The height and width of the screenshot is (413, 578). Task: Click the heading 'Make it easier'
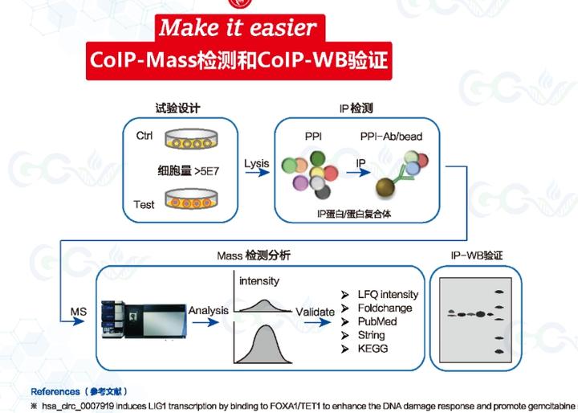coord(237,28)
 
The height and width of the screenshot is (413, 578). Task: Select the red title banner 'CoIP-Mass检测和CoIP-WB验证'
coord(238,61)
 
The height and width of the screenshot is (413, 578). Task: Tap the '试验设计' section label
coord(177,108)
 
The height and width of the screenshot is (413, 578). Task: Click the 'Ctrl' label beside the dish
coord(144,136)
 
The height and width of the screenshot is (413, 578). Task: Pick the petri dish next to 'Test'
coord(192,198)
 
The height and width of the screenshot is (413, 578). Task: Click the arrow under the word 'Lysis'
coord(256,179)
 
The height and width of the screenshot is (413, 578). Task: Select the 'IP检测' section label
coord(356,108)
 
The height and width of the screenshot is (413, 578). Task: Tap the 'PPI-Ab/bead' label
coord(390,136)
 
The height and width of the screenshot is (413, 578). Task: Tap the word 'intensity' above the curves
coord(261,281)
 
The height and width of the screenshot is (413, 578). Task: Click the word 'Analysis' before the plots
coord(208,310)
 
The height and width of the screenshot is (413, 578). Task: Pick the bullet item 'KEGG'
coord(373,349)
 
